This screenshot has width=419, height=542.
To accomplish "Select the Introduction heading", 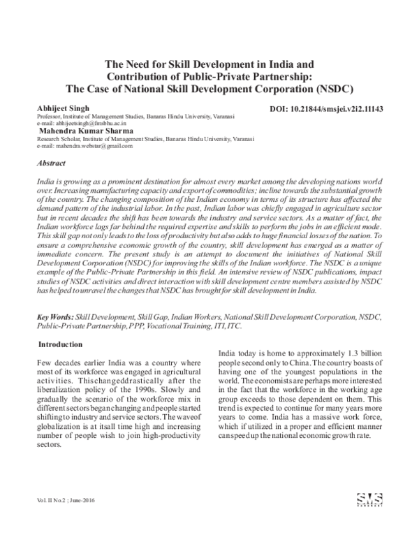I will (60, 344).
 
